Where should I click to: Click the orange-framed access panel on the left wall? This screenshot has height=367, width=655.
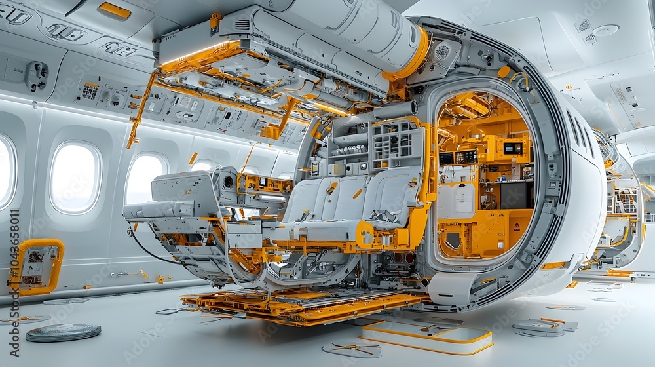click(x=37, y=266)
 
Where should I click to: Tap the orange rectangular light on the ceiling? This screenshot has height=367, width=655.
click(x=115, y=10)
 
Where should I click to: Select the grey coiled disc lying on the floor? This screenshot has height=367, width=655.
click(x=64, y=332)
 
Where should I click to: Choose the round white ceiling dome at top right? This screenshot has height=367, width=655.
click(x=606, y=30)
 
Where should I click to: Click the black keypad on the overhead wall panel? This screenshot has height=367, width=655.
click(x=90, y=91)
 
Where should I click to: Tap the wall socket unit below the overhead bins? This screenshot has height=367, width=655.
click(x=37, y=75)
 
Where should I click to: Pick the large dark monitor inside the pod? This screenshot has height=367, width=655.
click(x=516, y=195)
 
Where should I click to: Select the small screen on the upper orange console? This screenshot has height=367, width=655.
click(x=512, y=148)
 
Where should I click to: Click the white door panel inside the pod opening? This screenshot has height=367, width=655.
click(x=456, y=201)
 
